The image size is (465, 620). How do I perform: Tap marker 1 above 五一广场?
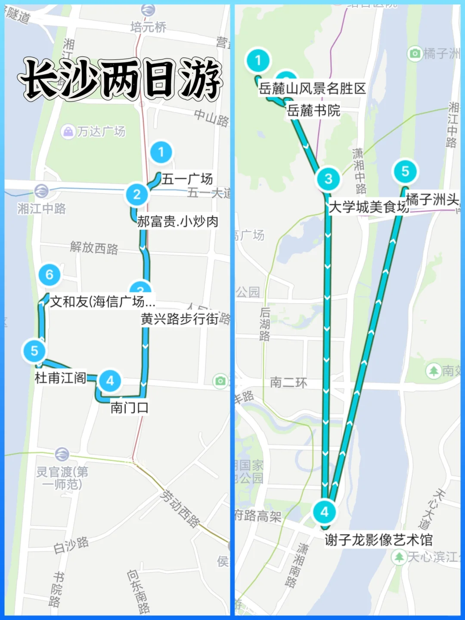[161, 152]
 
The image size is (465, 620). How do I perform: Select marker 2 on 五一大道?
[137, 194]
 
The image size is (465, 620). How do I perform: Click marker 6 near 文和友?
[49, 275]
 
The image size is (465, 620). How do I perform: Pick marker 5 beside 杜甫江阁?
[34, 351]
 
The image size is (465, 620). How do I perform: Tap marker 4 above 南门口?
[110, 381]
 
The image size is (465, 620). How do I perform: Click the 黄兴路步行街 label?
[180, 319]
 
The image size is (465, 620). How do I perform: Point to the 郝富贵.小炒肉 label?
[177, 221]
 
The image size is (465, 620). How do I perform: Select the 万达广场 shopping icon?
[68, 131]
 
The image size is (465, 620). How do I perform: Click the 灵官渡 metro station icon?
[62, 454]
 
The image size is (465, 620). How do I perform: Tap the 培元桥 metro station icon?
[148, 9]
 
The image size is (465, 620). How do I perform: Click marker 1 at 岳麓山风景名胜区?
[258, 60]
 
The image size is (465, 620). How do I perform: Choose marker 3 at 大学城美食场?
[328, 179]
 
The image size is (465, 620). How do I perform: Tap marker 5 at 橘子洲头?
[405, 171]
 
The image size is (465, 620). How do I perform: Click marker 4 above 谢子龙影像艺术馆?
[324, 512]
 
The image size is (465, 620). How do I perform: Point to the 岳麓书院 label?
[313, 111]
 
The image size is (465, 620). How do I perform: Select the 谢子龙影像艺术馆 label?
[378, 540]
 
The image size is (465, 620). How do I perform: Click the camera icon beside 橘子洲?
[414, 53]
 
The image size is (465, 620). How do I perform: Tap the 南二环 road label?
[288, 383]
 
